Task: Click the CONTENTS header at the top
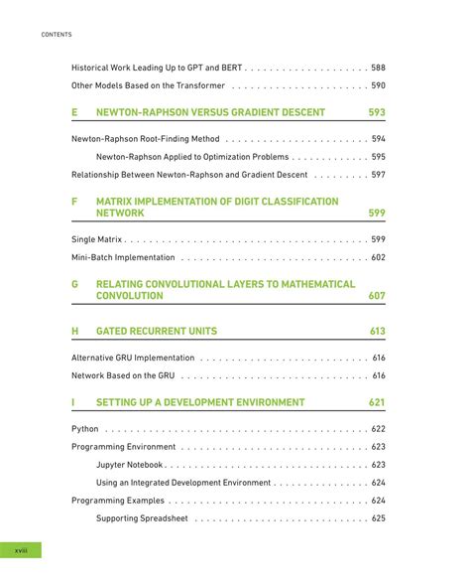coord(56,35)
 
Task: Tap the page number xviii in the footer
coord(21,550)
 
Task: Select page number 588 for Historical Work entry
coord(378,68)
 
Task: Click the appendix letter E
coord(74,112)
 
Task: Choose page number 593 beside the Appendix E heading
coord(377,112)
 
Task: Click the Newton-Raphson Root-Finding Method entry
coord(147,139)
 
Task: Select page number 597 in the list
coord(378,175)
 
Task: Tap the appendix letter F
coord(74,201)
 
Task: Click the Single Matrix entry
coord(96,239)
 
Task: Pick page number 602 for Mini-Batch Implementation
coord(378,257)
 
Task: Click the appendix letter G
coord(74,283)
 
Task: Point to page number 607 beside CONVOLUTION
coord(377,296)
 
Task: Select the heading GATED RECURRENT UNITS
coord(156,331)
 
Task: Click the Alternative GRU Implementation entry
coord(133,358)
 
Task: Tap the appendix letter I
coord(73,402)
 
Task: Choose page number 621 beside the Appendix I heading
coord(377,402)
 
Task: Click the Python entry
coord(85,429)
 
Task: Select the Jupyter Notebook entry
coord(131,465)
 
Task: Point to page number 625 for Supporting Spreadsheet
coord(378,518)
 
